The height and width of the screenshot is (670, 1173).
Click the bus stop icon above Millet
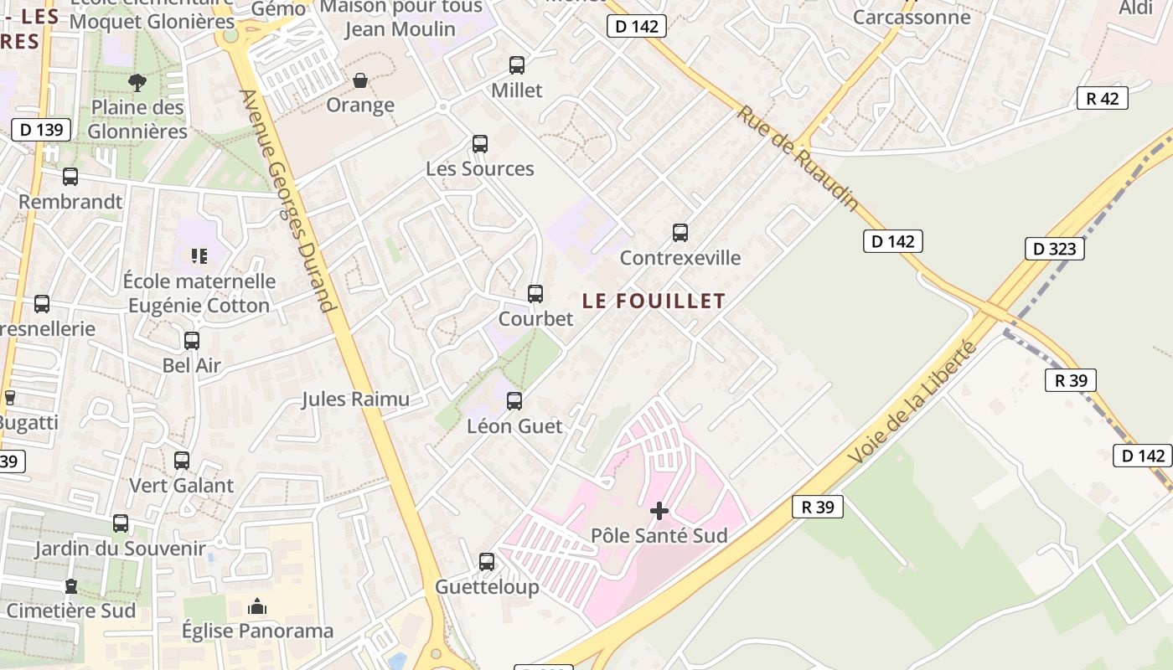(517, 65)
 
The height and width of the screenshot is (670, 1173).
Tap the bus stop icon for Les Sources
(480, 144)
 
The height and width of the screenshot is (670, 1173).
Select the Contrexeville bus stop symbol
(680, 233)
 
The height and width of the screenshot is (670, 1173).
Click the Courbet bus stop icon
(535, 294)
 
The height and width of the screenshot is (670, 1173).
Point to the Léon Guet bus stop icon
(514, 401)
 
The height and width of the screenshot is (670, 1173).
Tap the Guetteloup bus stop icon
(487, 562)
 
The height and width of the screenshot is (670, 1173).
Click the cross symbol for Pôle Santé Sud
(659, 510)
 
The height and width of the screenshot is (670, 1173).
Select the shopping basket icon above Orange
(360, 80)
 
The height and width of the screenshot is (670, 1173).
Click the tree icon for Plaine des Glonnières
(137, 82)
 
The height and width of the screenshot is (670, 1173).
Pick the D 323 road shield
(1054, 249)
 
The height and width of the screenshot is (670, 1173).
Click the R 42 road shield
(1102, 98)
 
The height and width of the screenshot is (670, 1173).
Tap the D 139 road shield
(41, 130)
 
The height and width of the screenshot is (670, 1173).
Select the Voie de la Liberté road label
(913, 402)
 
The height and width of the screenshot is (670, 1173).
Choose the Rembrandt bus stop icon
(70, 177)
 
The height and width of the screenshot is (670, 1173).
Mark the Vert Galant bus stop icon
(182, 461)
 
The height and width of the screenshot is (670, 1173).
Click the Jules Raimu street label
(356, 399)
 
